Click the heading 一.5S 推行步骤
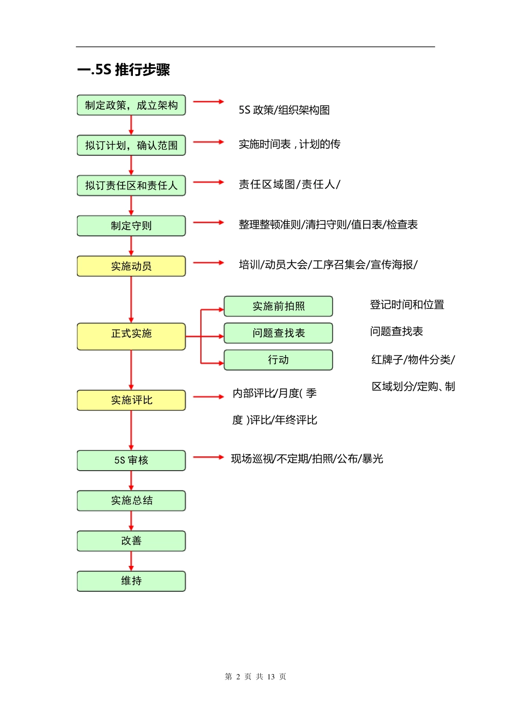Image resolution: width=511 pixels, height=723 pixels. coord(124,70)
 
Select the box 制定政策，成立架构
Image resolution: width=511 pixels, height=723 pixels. coord(131,105)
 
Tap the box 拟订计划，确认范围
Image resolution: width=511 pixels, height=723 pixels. coord(131,145)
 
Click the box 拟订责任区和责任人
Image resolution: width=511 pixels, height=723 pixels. coord(131,186)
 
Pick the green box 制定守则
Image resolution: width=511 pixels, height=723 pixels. coord(131,225)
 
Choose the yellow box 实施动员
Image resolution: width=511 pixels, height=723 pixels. coord(131,266)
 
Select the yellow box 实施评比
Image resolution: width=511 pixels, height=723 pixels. coord(131,400)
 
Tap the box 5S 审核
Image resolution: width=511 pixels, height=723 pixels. coord(131,460)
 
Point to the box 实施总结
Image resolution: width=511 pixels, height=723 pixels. coord(131,500)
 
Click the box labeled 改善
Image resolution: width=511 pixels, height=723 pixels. coord(131,541)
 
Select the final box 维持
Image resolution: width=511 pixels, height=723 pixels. coord(131,581)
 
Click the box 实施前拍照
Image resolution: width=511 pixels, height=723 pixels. coord(278,306)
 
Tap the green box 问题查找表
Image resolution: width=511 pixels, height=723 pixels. coord(278,333)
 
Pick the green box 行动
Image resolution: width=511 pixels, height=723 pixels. coord(278,360)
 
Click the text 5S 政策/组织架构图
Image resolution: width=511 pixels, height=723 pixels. coord(284,110)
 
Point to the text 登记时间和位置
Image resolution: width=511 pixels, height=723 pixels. coord(407,304)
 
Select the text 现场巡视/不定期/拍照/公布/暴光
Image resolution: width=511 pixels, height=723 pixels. coord(307,458)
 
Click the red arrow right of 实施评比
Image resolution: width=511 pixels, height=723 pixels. coord(208,397)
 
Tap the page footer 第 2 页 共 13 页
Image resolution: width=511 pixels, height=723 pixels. coord(256,676)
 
